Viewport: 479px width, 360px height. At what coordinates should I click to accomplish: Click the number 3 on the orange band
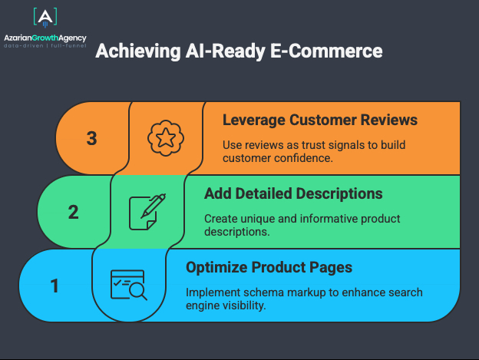[x=91, y=138]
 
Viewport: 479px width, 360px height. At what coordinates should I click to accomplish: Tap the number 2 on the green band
[x=74, y=212]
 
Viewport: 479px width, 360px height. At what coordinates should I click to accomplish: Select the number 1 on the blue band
[x=55, y=286]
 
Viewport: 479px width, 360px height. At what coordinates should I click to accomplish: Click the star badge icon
[x=166, y=138]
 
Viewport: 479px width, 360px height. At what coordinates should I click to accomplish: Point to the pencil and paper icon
[x=147, y=212]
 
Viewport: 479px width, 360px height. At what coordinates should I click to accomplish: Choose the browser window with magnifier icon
[x=129, y=286]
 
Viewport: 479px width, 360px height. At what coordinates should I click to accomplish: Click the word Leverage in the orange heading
[x=254, y=120]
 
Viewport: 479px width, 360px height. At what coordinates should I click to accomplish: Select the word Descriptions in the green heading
[x=339, y=194]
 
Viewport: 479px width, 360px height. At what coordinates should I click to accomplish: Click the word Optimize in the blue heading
[x=216, y=267]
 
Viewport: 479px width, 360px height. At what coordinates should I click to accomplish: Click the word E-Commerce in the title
[x=326, y=51]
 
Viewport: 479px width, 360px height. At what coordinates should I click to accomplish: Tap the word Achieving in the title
[x=138, y=51]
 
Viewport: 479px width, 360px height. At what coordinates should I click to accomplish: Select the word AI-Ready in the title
[x=226, y=51]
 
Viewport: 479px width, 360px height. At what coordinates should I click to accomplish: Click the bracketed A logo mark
[x=45, y=18]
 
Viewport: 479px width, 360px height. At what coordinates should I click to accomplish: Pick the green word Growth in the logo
[x=45, y=38]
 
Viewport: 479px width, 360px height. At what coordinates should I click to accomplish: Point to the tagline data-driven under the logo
[x=24, y=46]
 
